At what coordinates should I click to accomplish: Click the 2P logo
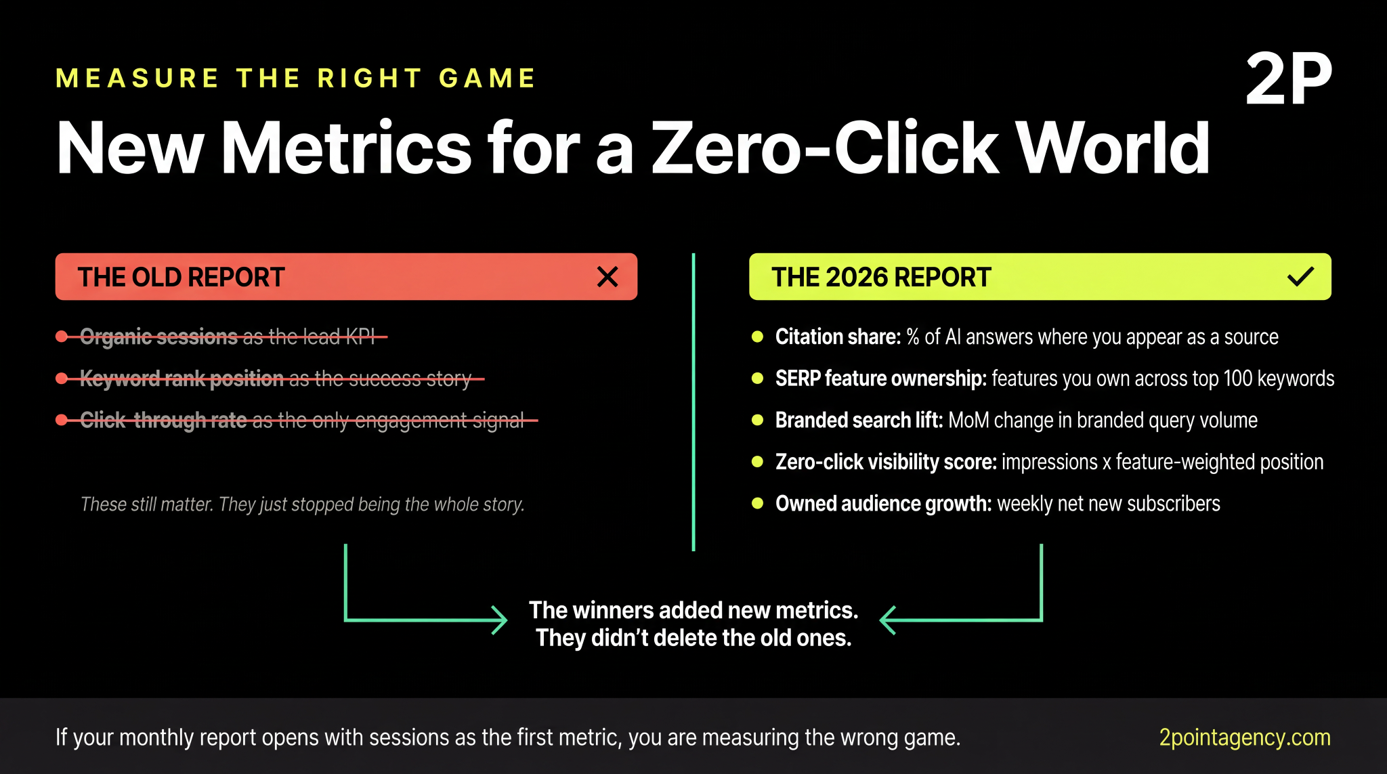[1288, 79]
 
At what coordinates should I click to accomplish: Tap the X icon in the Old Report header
[607, 277]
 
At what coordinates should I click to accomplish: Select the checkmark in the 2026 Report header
[1300, 277]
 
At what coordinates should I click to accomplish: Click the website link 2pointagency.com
[1244, 737]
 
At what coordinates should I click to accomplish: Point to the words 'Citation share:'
[838, 337]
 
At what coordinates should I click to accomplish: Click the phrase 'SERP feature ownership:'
[880, 379]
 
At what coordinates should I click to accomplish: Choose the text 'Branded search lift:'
[859, 421]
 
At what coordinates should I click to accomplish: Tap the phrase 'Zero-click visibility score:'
[886, 463]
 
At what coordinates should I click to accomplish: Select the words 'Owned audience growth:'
[883, 504]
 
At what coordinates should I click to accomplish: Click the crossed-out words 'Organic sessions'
[158, 337]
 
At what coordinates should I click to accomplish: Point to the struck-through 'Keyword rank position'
[182, 379]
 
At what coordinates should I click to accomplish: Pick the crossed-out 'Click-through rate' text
[163, 421]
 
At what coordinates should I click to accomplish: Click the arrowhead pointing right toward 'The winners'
[500, 620]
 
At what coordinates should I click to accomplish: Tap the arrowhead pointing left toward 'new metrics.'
[887, 620]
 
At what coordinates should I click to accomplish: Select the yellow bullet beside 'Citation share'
[758, 337]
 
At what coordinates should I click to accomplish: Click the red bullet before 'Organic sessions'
[62, 337]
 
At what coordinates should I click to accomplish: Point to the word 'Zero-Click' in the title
[824, 148]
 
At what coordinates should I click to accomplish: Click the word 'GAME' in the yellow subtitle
[487, 79]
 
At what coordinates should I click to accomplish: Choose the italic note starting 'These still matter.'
[302, 504]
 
